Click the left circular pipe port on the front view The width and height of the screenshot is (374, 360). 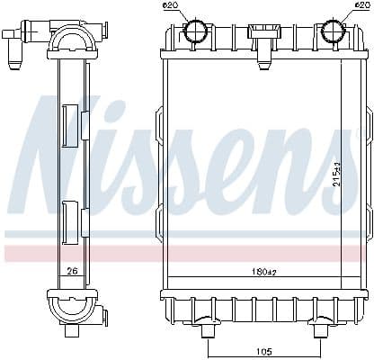(197, 32)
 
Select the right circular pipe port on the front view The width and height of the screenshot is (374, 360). (334, 32)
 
